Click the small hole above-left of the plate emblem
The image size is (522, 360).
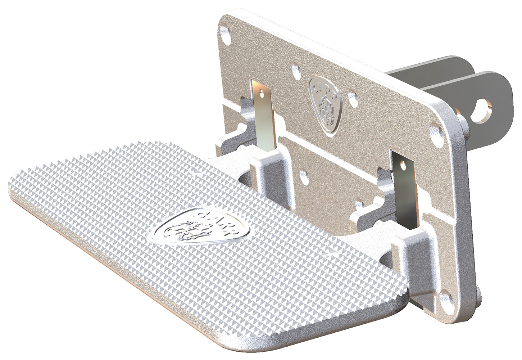pos(295,68)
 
